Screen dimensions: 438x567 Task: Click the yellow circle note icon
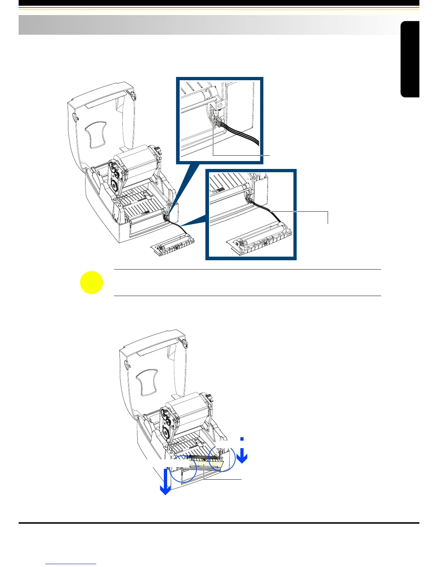tap(92, 283)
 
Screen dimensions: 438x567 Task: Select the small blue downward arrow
tap(242, 455)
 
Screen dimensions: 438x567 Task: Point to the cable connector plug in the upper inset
tap(217, 122)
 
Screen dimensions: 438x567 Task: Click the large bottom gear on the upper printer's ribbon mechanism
tap(115, 186)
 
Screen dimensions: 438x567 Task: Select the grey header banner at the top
tap(208, 25)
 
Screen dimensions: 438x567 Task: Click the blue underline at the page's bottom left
tap(72, 564)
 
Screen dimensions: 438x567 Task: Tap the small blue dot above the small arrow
tap(242, 438)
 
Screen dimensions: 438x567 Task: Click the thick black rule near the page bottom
tap(219, 523)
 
